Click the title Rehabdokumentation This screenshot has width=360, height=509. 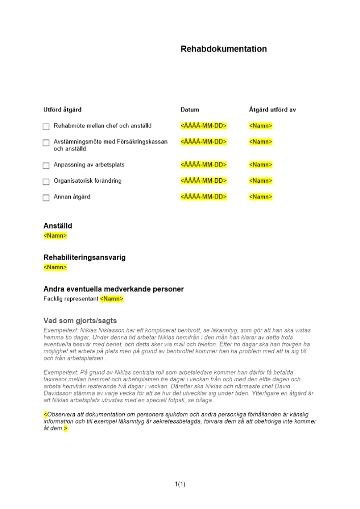224,49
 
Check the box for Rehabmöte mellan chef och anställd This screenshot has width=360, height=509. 46,126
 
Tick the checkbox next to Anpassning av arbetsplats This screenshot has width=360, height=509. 46,165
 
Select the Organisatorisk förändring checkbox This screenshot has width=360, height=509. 46,181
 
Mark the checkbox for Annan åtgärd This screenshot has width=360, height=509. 46,197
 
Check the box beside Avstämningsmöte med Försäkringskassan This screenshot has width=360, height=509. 46,143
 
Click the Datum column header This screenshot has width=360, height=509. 190,110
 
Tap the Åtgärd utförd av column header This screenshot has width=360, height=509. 272,110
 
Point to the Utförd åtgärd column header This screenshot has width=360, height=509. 63,110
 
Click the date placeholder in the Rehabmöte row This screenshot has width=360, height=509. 203,126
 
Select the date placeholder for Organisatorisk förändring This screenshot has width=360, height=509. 203,181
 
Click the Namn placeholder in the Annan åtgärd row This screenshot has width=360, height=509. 261,197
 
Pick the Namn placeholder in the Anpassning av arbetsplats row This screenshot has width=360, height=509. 261,165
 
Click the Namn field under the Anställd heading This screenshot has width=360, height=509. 55,236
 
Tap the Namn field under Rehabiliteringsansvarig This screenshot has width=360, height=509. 55,268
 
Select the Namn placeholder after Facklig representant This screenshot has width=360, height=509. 112,299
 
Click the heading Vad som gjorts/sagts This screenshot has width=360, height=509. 80,321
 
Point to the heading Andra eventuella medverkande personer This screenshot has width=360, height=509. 114,289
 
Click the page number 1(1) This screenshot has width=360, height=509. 180,484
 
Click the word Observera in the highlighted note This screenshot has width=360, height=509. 60,415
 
